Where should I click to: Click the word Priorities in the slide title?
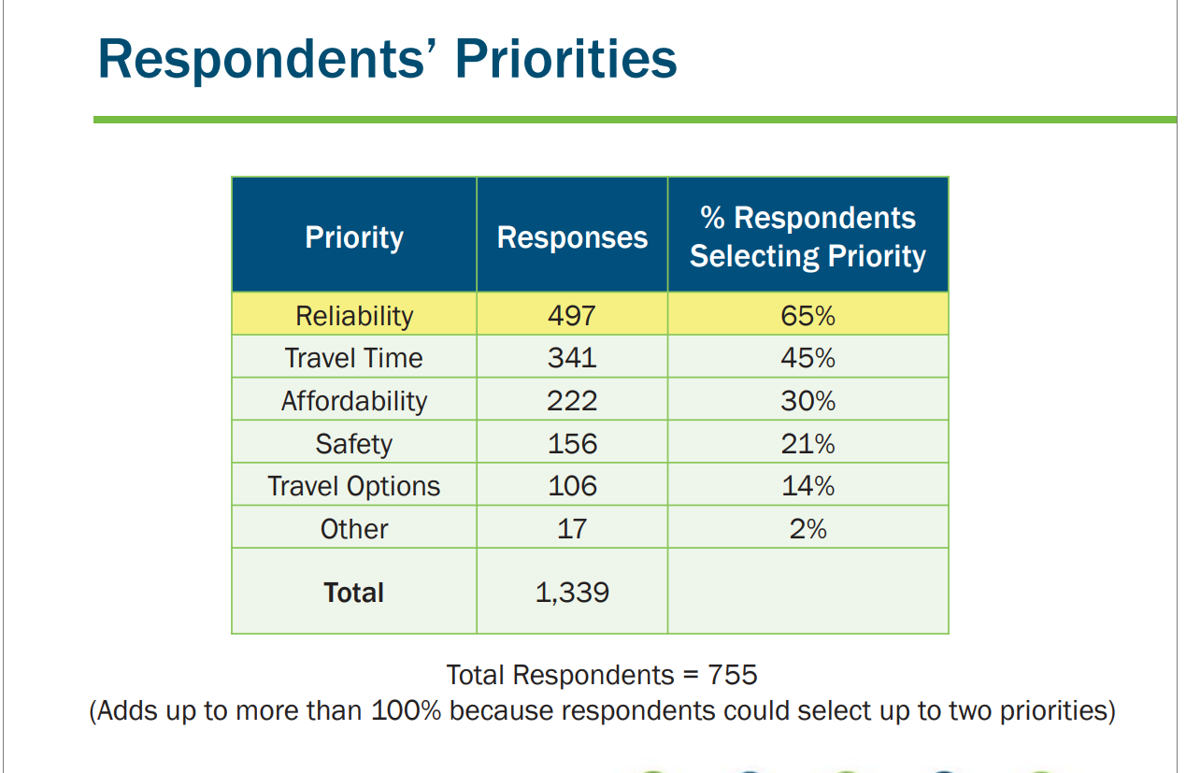coord(566,58)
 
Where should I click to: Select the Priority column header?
coord(354,237)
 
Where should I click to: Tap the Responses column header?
coord(572,237)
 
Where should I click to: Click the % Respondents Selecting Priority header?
coord(807,237)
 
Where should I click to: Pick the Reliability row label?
coord(354,316)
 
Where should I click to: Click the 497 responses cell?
coord(572,316)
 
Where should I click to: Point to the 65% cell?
coord(807,316)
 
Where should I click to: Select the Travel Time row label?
coord(354,358)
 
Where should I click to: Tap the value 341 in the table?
coord(572,358)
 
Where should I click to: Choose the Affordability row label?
coord(354,401)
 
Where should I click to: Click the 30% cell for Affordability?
coord(807,401)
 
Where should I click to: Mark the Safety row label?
coord(354,443)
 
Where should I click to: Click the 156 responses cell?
coord(572,443)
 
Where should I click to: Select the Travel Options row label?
coord(354,486)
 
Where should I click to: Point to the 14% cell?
coord(807,486)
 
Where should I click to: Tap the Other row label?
coord(354,529)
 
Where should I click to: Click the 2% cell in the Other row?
coord(807,529)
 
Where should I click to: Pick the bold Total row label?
coord(354,593)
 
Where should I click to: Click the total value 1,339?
coord(572,593)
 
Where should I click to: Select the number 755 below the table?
coord(733,675)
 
